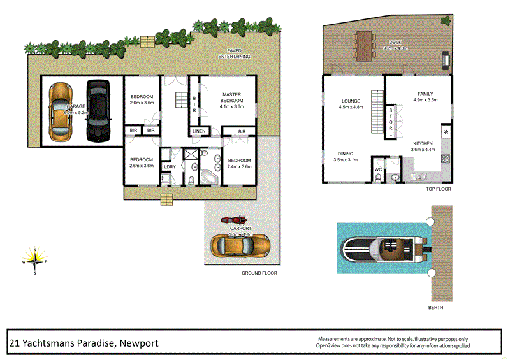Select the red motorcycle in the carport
pos(233,220)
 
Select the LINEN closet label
pos(198,131)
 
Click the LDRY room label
pos(170,167)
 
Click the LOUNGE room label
pos(351,101)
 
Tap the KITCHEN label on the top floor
pos(423,143)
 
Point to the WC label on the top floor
pos(377,170)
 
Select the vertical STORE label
pos(390,122)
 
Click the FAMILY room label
pos(425,94)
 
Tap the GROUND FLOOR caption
pos(259,273)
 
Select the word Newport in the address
pos(136,343)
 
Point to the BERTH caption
pos(435,307)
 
